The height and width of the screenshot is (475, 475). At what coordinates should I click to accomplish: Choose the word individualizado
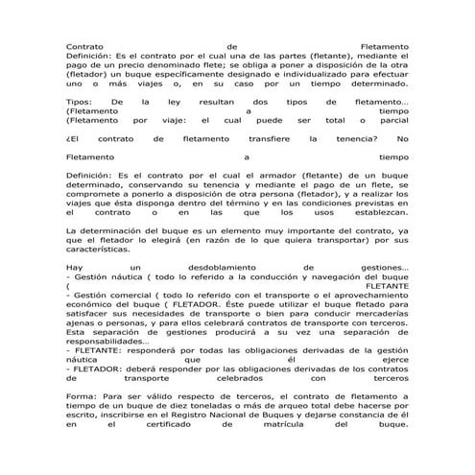(x=312, y=73)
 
